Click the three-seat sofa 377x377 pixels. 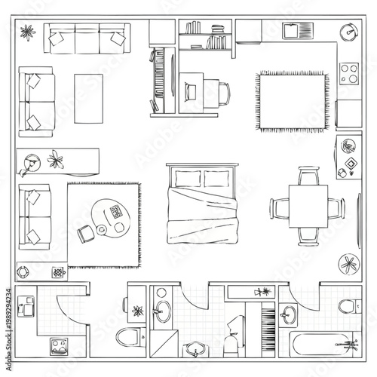(86, 39)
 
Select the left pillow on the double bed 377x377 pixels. (188, 179)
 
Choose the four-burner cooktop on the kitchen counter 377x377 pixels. (349, 74)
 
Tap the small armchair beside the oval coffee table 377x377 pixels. (84, 234)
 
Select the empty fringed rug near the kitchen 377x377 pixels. (292, 100)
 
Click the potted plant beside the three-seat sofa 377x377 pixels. (28, 32)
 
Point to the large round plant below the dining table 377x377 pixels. (348, 265)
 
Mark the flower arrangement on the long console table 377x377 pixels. (57, 159)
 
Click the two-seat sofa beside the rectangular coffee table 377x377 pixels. (36, 103)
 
